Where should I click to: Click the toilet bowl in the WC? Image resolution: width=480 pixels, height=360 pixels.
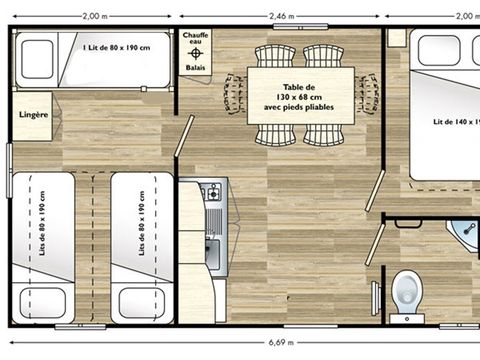(407, 290)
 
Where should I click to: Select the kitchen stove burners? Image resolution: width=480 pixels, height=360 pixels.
(211, 191)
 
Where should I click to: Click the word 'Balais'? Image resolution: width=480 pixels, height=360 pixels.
(196, 68)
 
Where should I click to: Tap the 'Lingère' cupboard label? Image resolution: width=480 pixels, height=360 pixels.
(33, 115)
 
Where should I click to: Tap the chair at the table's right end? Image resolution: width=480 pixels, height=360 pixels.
(370, 93)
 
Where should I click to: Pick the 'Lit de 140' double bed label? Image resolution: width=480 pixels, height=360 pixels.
(456, 122)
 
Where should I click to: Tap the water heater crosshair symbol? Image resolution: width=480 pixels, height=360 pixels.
(196, 53)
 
